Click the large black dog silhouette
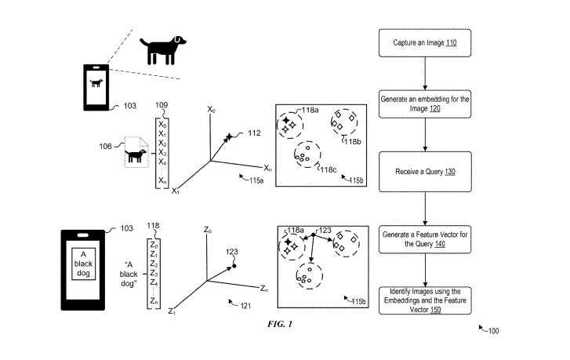(164, 49)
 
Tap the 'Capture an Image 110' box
(423, 43)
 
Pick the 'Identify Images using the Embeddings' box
(423, 300)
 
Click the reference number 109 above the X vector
(162, 105)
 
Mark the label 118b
(353, 142)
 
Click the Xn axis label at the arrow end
(267, 169)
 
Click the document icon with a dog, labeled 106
(136, 154)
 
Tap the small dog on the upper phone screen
(96, 82)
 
